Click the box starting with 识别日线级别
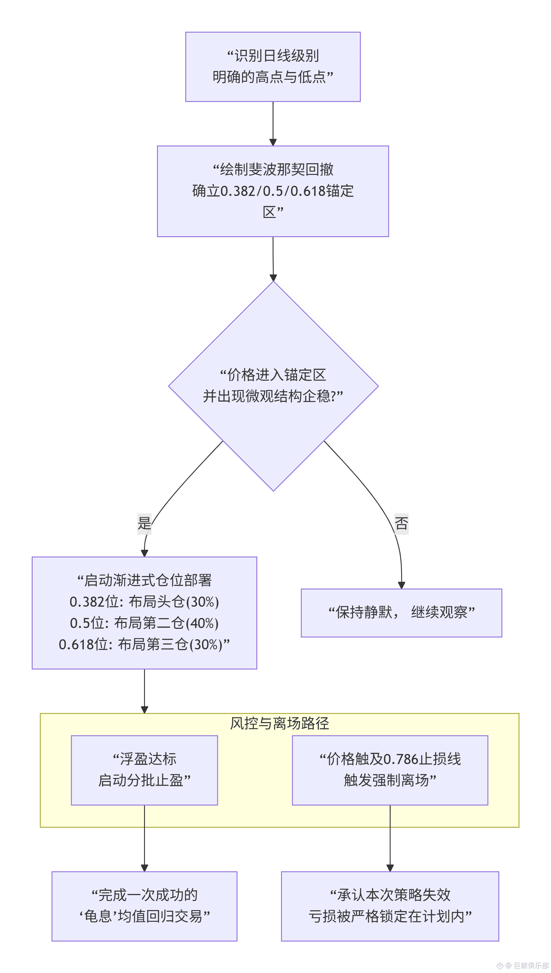click(273, 67)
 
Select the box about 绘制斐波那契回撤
click(273, 191)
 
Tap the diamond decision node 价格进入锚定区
click(273, 386)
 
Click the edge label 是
click(144, 524)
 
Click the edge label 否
click(402, 524)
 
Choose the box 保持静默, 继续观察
click(402, 613)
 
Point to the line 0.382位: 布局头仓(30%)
click(144, 602)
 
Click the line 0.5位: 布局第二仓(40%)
click(144, 623)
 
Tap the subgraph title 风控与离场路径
click(280, 723)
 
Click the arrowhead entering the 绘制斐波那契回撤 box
click(273, 142)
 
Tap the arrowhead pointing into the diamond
click(273, 278)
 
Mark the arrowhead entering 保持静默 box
click(402, 585)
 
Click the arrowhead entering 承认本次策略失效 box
click(390, 868)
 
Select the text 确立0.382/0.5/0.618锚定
click(273, 191)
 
